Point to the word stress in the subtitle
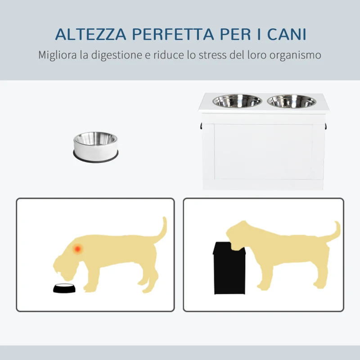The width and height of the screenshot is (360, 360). pos(217,55)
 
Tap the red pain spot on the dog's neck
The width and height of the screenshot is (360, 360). pos(78,248)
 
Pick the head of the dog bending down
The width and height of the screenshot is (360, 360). pos(67,261)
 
